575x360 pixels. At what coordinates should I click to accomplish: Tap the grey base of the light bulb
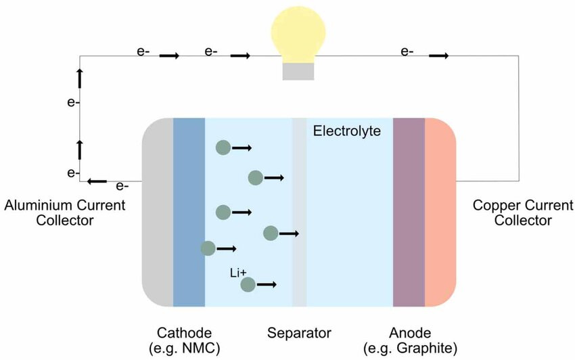[298, 71]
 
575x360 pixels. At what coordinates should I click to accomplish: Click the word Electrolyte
[347, 130]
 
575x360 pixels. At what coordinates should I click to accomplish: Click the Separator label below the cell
[299, 333]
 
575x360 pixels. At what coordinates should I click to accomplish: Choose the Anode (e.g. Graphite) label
[409, 340]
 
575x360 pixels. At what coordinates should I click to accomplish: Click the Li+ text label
[238, 272]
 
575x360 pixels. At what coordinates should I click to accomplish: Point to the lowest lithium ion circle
[248, 285]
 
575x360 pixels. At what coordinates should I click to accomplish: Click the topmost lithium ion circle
[223, 148]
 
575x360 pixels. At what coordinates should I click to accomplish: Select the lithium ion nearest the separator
[271, 233]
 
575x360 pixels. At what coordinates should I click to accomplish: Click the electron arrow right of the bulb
[438, 55]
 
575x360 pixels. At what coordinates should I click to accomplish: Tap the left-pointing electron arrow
[97, 181]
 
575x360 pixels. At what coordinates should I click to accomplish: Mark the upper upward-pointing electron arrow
[80, 78]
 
